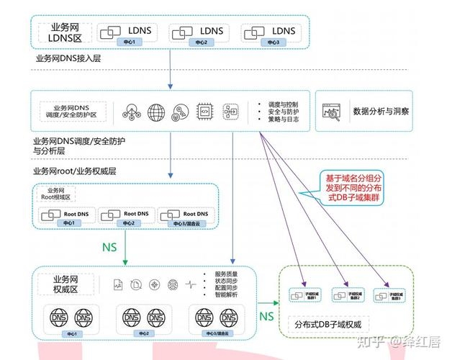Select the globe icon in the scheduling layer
(156, 112)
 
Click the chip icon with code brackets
(204, 112)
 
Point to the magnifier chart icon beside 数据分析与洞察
(333, 112)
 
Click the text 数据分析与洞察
(381, 112)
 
